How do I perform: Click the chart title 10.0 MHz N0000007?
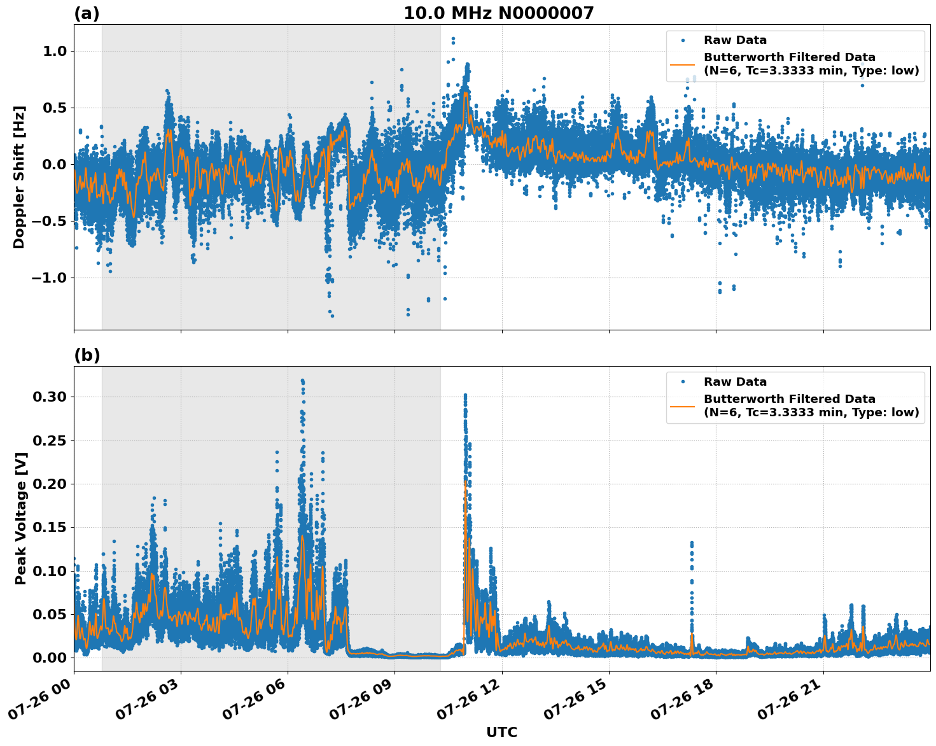[498, 13]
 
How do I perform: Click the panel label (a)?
[87, 13]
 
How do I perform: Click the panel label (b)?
[87, 355]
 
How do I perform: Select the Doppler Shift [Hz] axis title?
[19, 177]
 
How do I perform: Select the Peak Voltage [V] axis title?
[21, 518]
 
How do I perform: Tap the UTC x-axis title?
[501, 732]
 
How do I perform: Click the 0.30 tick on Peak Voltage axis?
[49, 397]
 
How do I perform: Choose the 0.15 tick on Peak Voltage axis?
[49, 527]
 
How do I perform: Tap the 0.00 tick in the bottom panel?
[49, 658]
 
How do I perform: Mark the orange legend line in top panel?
[682, 64]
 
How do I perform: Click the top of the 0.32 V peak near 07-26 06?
[302, 381]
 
